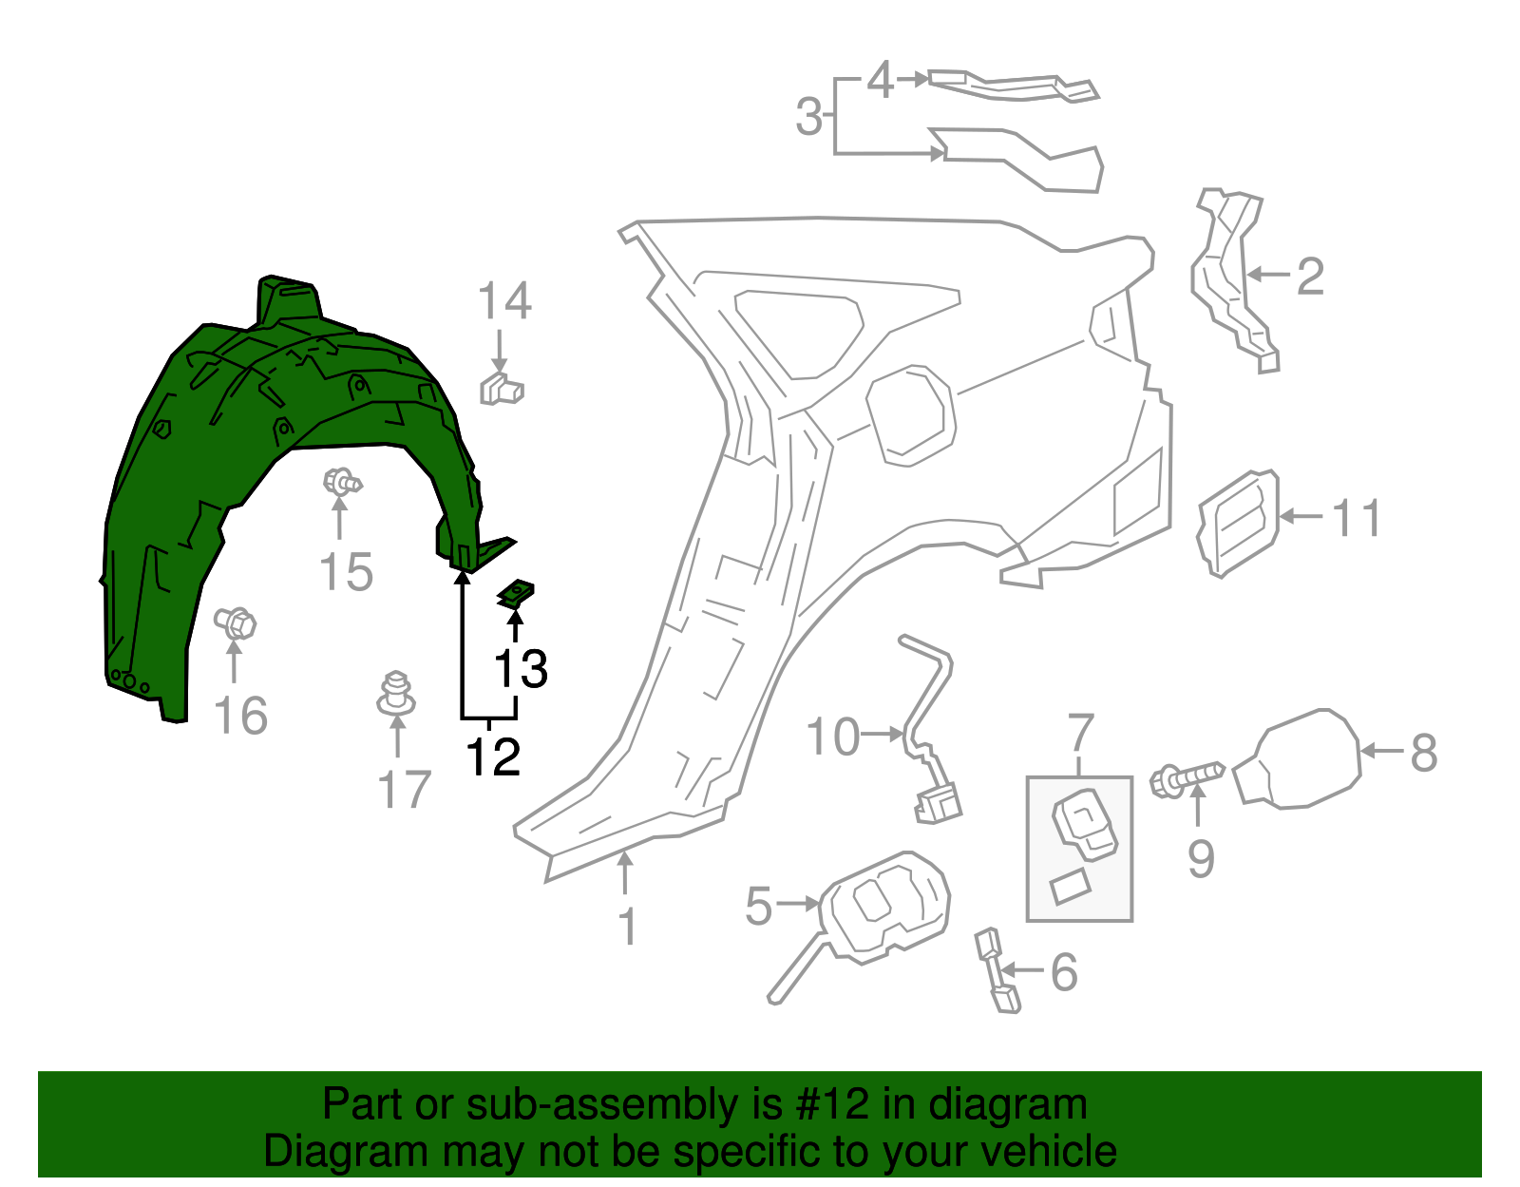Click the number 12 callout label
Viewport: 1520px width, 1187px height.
click(493, 756)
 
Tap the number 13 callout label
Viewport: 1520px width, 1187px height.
click(521, 669)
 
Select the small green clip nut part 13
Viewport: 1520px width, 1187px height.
click(515, 596)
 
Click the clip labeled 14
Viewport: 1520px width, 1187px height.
click(502, 389)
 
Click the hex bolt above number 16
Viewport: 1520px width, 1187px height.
click(236, 624)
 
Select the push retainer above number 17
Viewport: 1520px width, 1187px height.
click(396, 694)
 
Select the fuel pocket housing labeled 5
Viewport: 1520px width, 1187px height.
click(883, 908)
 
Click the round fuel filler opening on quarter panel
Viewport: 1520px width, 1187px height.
click(910, 415)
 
